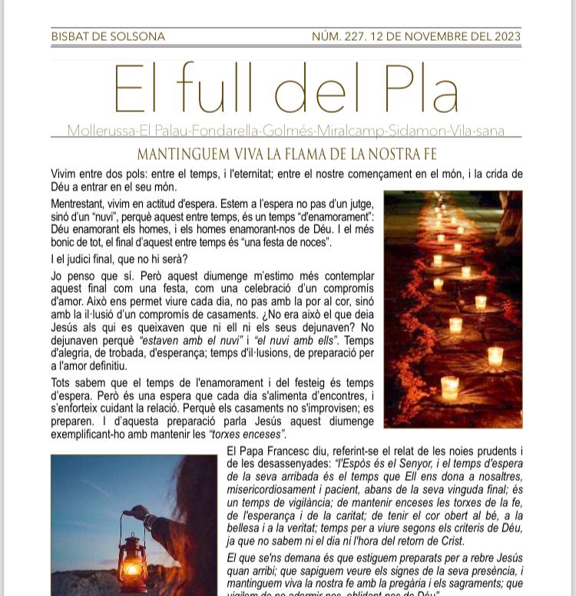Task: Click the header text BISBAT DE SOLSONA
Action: (x=108, y=36)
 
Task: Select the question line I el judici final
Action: (x=119, y=259)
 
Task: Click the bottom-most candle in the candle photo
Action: (x=450, y=387)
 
